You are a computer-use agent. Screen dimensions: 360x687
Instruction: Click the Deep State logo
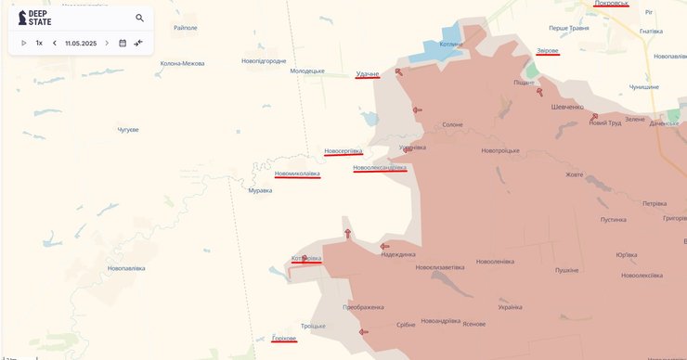[x=35, y=18]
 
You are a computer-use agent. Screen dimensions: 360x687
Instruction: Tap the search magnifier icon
[x=140, y=18]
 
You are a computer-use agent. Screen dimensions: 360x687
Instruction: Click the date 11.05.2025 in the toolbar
[x=81, y=43]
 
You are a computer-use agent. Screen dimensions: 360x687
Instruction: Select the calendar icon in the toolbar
[x=123, y=43]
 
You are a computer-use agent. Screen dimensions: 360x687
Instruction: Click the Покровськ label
[x=612, y=4]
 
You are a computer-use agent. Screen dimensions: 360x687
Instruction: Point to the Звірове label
[x=548, y=50]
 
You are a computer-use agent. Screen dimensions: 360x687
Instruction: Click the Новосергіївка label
[x=343, y=150]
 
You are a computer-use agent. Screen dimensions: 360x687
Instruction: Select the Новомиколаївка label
[x=297, y=174]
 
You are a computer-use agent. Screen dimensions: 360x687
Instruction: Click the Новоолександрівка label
[x=380, y=167]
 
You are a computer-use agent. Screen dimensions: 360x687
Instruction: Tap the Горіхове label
[x=284, y=338]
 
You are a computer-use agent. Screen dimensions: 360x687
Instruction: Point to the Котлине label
[x=451, y=43]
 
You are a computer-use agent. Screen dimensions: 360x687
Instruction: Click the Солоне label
[x=452, y=124]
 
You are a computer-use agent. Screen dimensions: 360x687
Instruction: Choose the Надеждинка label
[x=398, y=254]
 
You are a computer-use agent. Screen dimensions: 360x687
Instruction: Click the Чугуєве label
[x=128, y=129]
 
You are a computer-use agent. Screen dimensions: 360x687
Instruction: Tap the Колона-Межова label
[x=183, y=63]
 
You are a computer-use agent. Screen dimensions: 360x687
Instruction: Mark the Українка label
[x=510, y=307]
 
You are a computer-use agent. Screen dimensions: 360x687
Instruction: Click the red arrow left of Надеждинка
[x=384, y=247]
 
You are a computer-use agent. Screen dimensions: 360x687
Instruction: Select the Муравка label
[x=261, y=190]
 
